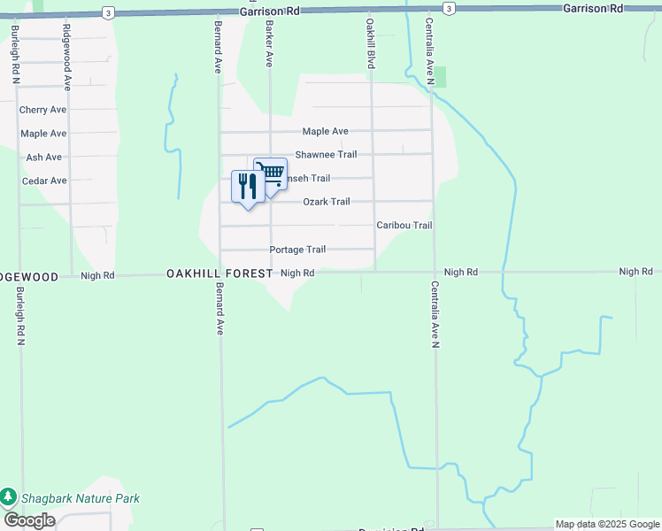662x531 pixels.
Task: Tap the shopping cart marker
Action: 271,173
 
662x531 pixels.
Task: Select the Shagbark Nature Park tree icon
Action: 9,498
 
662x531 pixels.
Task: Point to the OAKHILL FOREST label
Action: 219,274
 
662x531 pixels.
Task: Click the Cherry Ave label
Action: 42,110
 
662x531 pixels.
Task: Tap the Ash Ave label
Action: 44,158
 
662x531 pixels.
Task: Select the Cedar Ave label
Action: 44,181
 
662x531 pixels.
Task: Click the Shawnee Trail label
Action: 326,155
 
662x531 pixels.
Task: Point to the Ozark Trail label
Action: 327,202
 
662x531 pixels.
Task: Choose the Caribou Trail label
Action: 404,226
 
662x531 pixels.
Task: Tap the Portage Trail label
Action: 298,250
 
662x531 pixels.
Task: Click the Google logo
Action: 29,520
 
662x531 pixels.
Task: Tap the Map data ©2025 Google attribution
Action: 607,524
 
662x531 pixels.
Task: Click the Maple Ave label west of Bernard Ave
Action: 44,134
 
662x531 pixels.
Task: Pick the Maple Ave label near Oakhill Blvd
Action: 326,131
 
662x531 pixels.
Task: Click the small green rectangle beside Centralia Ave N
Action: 440,77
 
